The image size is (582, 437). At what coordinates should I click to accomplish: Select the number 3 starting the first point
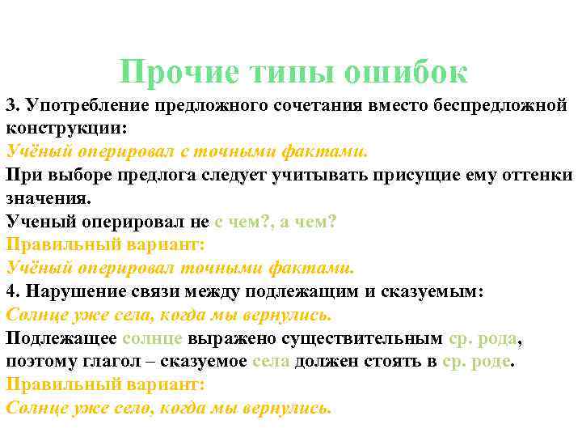11,106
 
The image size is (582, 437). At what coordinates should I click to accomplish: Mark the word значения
48,198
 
